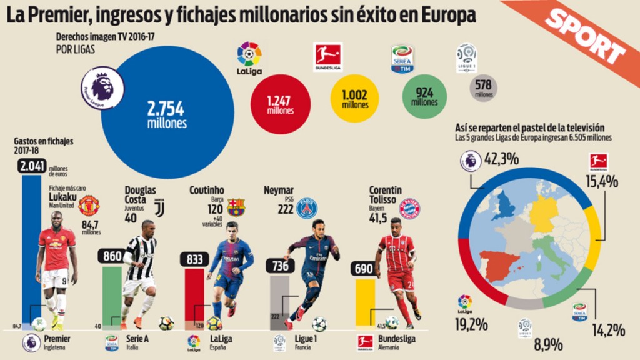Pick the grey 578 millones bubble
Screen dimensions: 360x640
click(x=484, y=88)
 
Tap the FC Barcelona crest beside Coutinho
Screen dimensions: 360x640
click(x=236, y=206)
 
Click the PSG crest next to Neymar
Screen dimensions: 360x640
click(x=307, y=208)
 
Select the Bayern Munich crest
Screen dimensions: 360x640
click(x=409, y=208)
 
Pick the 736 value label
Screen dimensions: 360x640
click(x=279, y=266)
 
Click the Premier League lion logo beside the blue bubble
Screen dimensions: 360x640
click(x=102, y=87)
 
